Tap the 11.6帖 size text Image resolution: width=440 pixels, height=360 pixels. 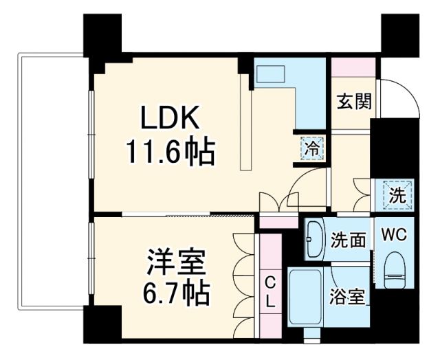point(170,151)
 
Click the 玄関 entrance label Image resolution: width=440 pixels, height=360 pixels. point(354,102)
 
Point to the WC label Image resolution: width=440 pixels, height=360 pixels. point(396,234)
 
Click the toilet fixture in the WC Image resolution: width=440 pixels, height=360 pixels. point(395,270)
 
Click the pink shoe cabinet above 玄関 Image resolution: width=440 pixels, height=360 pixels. point(353,67)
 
